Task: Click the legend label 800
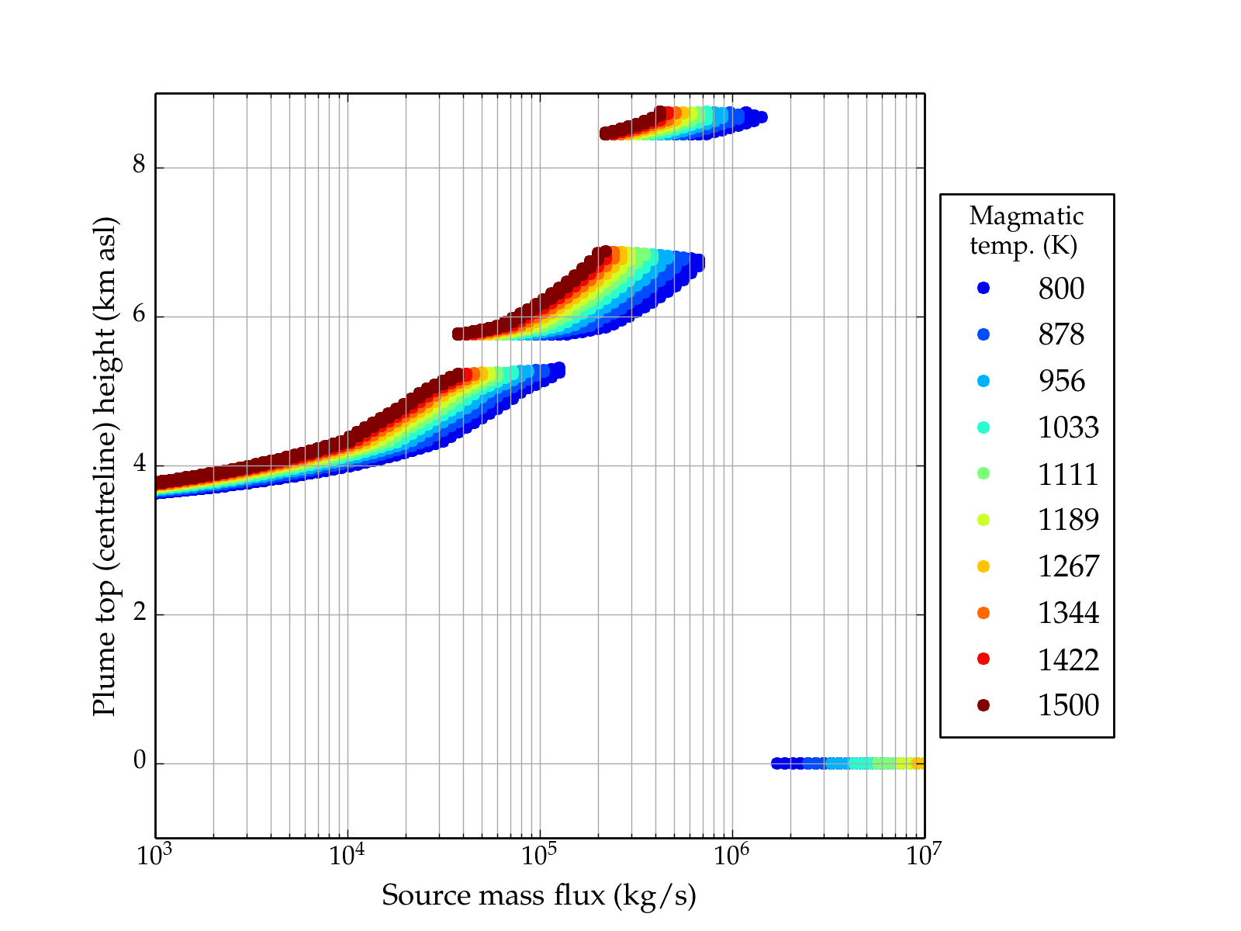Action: click(1061, 289)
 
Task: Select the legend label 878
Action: click(1061, 334)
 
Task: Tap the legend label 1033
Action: click(1068, 427)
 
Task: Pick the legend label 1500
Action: click(1068, 705)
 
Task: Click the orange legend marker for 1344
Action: click(983, 613)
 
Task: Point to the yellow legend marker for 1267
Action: click(983, 566)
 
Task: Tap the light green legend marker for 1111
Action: click(983, 473)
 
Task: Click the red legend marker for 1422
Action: click(983, 659)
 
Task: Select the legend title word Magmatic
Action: click(1026, 216)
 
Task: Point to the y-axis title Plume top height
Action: click(105, 465)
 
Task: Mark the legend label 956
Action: click(1061, 381)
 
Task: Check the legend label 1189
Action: click(1068, 520)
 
